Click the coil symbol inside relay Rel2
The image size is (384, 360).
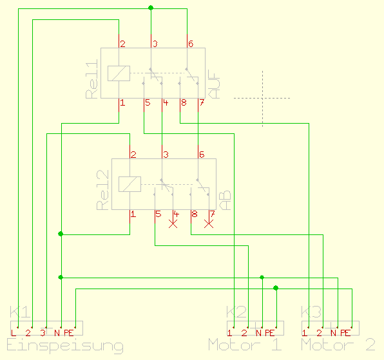click(130, 184)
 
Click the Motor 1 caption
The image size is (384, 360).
click(245, 345)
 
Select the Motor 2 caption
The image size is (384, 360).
click(338, 345)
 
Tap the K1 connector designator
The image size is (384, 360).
click(19, 312)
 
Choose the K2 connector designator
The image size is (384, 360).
click(236, 312)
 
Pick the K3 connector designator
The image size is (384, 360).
click(311, 312)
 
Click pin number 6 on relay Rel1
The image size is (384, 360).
click(191, 44)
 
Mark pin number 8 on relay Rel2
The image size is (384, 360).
click(194, 213)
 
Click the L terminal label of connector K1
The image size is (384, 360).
click(14, 332)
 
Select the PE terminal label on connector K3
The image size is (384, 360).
click(345, 332)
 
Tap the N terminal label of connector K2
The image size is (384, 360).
click(258, 332)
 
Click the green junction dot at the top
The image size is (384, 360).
click(151, 8)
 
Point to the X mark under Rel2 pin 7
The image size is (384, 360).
click(208, 224)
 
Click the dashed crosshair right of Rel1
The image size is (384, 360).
click(262, 98)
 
